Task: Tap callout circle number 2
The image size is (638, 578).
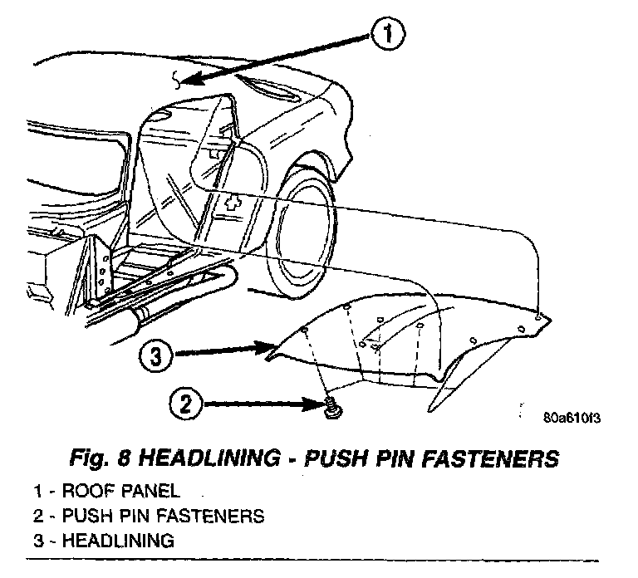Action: [186, 405]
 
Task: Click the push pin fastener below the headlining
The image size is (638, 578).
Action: [330, 405]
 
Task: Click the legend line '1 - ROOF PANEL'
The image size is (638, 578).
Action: [108, 491]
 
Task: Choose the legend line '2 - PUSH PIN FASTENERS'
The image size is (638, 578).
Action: [150, 516]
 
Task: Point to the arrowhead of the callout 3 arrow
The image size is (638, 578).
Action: [268, 346]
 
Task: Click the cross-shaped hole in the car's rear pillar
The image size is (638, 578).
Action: [234, 202]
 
